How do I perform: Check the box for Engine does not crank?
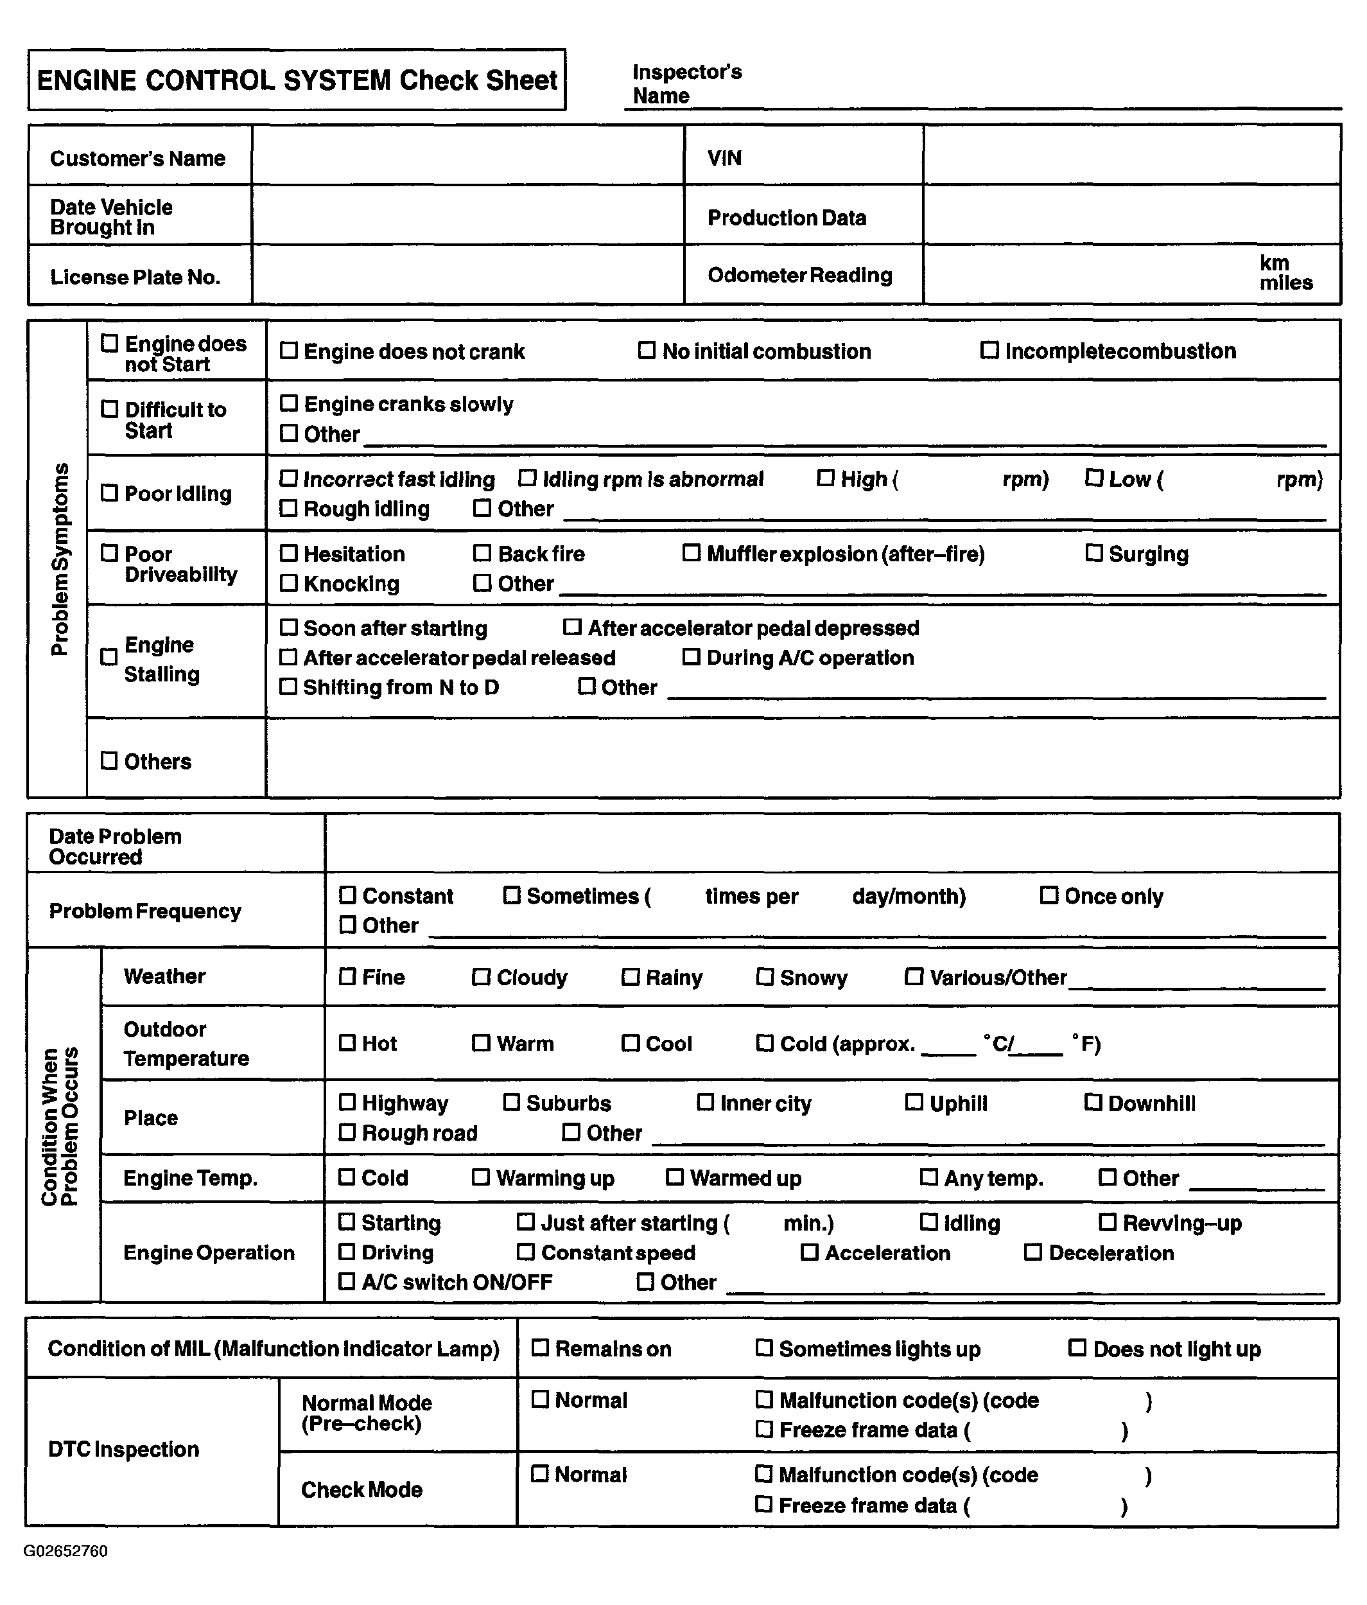pyautogui.click(x=288, y=350)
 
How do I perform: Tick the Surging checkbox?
pyautogui.click(x=1093, y=553)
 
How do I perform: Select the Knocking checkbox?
pyautogui.click(x=288, y=583)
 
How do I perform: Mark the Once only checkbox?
pyautogui.click(x=1049, y=895)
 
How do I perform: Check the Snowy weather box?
pyautogui.click(x=765, y=977)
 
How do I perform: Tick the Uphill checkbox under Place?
pyautogui.click(x=914, y=1102)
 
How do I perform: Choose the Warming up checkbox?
pyautogui.click(x=481, y=1177)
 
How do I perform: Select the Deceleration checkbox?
pyautogui.click(x=1033, y=1252)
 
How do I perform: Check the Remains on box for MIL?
pyautogui.click(x=540, y=1349)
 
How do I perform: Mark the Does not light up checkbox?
pyautogui.click(x=1077, y=1349)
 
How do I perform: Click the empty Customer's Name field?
pyautogui.click(x=467, y=155)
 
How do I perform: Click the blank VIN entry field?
pyautogui.click(x=1131, y=155)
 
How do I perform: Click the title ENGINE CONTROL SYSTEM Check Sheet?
pyautogui.click(x=297, y=80)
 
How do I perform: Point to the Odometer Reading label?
pyautogui.click(x=799, y=275)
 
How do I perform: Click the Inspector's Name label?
pyautogui.click(x=686, y=83)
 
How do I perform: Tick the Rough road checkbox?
pyautogui.click(x=347, y=1132)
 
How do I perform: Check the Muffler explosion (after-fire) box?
pyautogui.click(x=691, y=553)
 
